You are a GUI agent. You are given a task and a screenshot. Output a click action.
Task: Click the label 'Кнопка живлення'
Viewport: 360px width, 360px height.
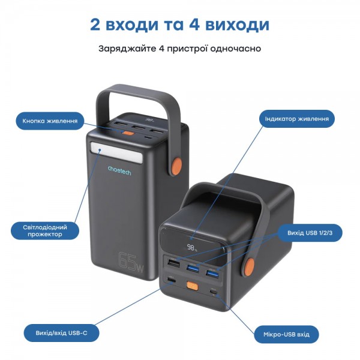(x=50, y=121)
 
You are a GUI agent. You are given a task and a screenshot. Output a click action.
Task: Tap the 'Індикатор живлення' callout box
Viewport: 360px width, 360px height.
(x=296, y=119)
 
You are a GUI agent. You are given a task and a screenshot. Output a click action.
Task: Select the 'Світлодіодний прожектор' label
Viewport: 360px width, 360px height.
(x=45, y=231)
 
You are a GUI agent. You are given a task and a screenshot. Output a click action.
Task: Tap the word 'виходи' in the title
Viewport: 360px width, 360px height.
(x=233, y=25)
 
